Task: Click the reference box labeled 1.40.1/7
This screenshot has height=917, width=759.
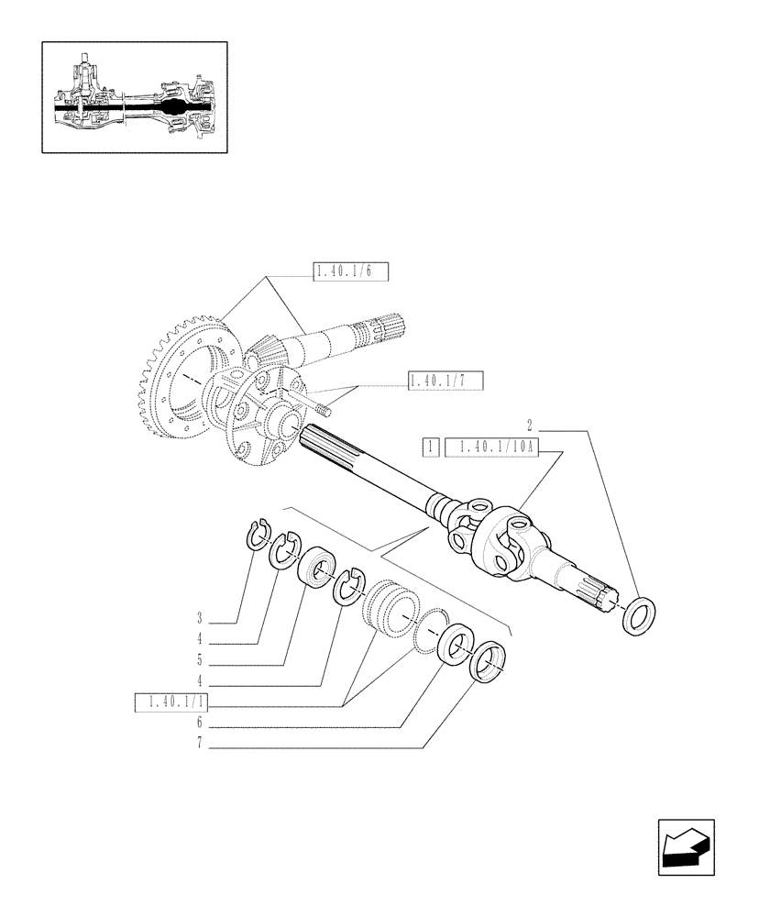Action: (x=445, y=381)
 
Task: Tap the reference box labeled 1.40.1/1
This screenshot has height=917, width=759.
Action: (x=171, y=702)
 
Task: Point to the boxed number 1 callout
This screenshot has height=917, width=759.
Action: (x=428, y=447)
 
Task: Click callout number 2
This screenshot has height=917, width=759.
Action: (x=530, y=425)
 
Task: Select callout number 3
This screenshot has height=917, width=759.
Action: (x=198, y=617)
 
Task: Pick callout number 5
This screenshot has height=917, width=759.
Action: (x=198, y=659)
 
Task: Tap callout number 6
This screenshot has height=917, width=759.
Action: (x=198, y=724)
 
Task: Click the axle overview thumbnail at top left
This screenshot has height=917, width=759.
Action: (x=135, y=96)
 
